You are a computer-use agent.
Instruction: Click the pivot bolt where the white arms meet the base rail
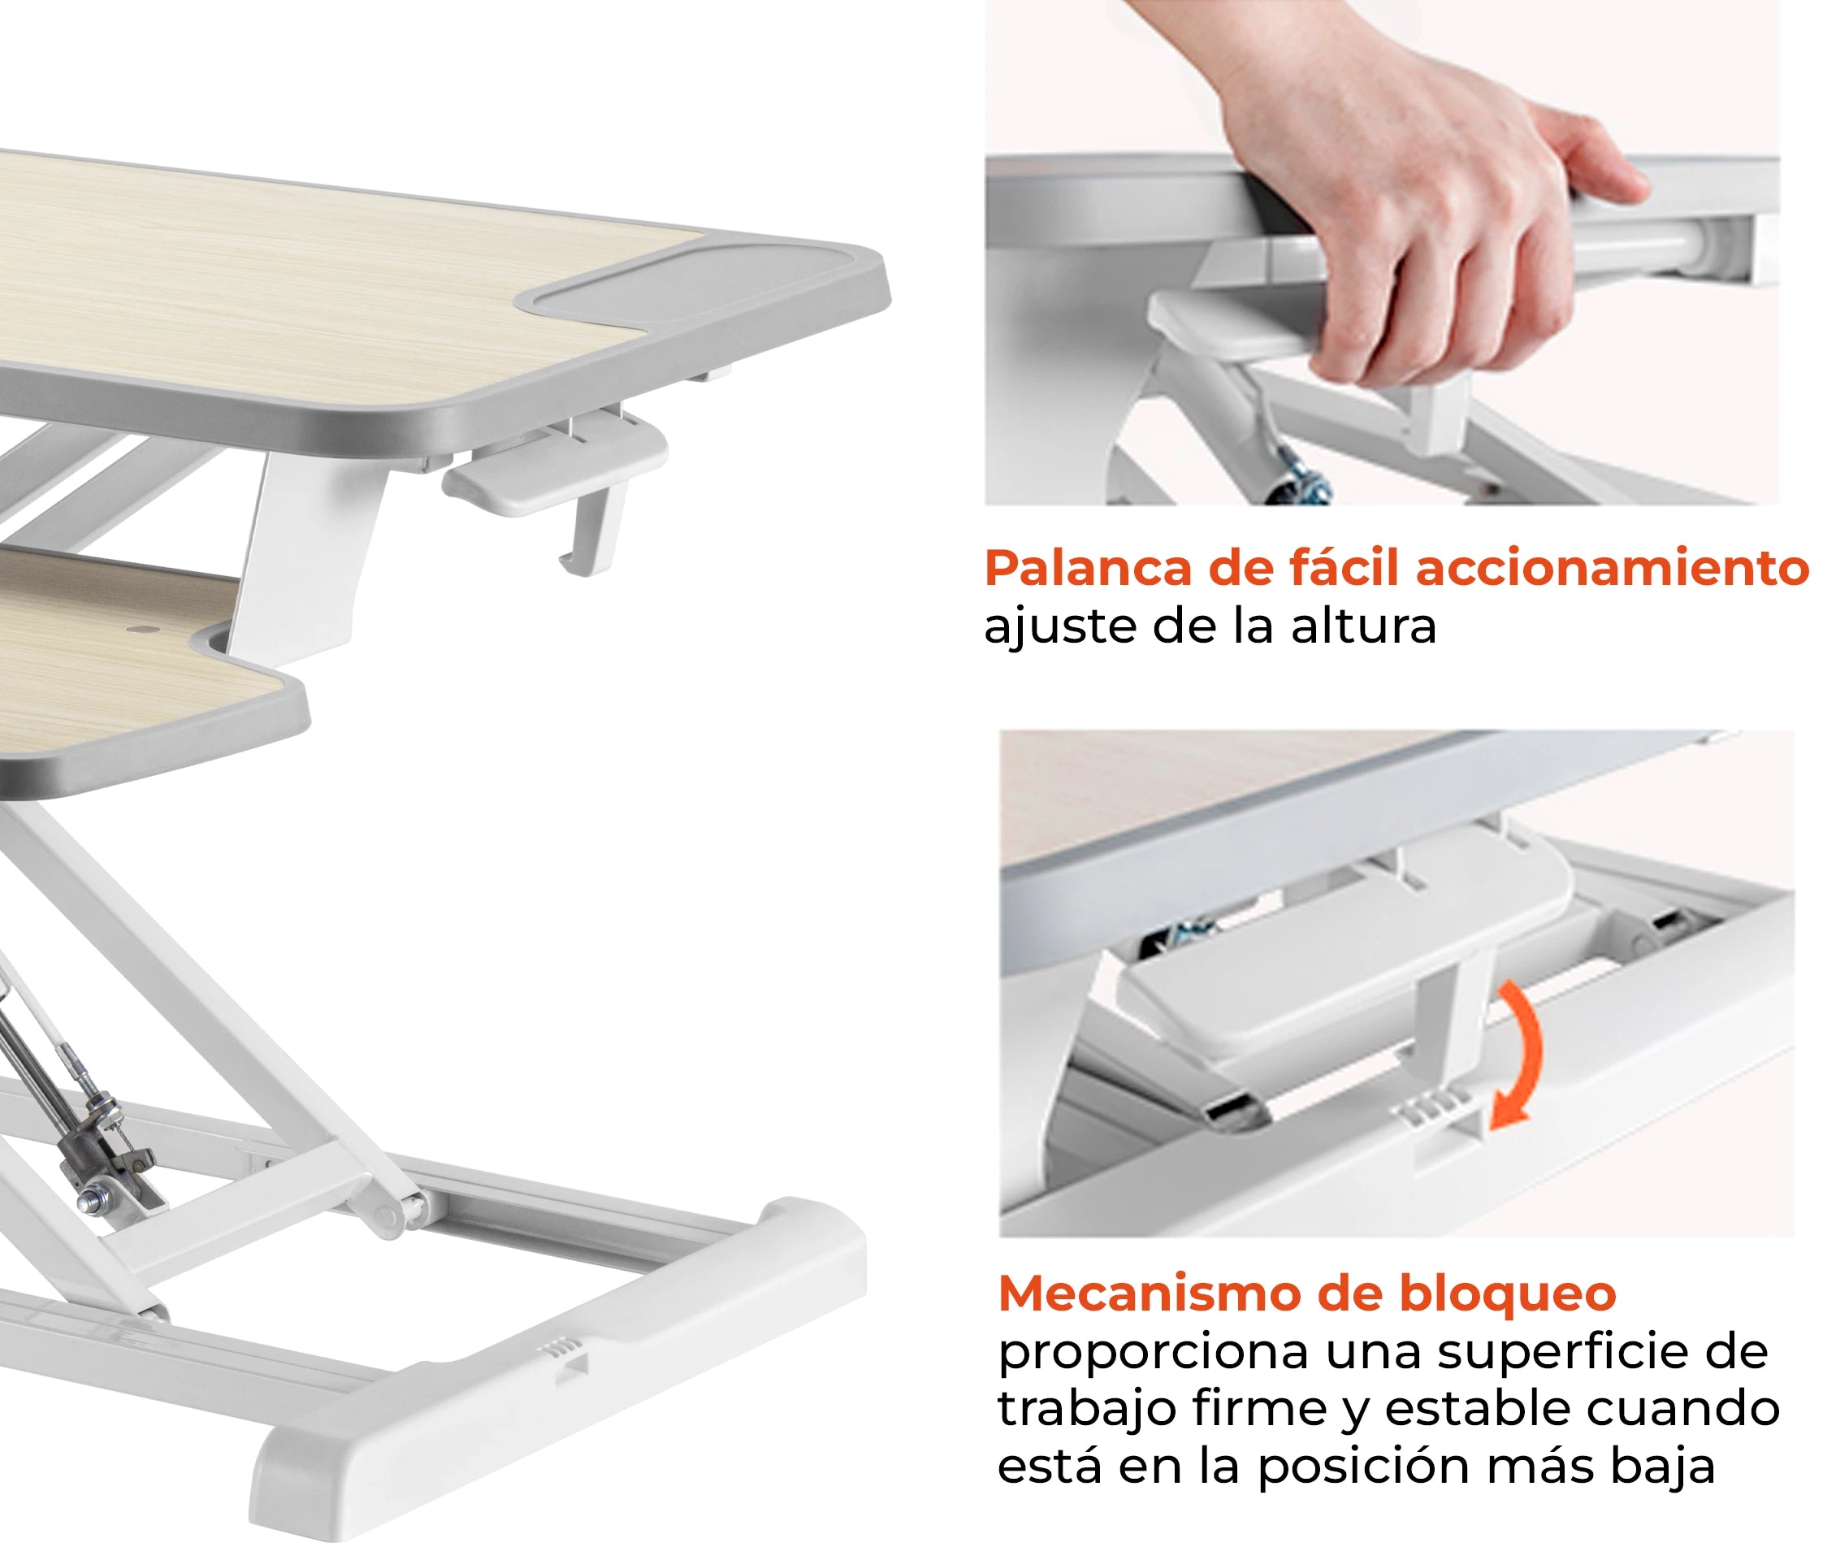[x=388, y=1216]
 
